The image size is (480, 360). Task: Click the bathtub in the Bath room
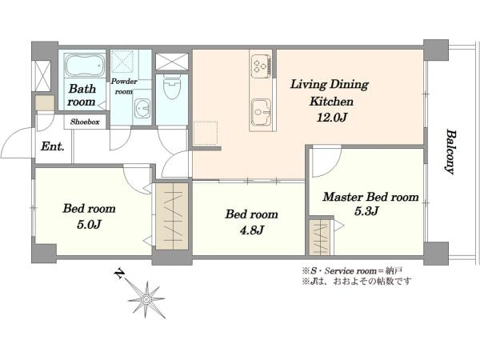tap(85, 65)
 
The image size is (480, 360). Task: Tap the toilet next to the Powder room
tap(173, 86)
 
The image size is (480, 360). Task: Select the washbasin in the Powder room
tap(142, 108)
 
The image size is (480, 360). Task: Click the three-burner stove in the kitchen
tap(261, 66)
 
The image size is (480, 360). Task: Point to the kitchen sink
tap(261, 113)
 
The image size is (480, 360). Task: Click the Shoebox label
tap(85, 122)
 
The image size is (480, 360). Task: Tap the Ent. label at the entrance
tap(53, 146)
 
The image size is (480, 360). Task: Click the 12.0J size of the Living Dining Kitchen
tap(331, 118)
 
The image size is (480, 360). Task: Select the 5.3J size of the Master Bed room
tap(366, 211)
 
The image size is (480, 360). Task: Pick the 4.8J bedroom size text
tap(252, 230)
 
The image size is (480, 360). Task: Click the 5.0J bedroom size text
tap(89, 224)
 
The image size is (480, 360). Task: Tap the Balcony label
tap(450, 152)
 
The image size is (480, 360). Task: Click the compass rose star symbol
tap(146, 299)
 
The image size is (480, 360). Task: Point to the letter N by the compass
tap(119, 274)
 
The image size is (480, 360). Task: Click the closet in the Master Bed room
tap(318, 237)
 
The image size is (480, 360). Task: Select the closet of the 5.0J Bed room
tap(172, 216)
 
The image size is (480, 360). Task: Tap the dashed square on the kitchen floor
tap(206, 133)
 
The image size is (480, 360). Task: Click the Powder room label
tap(124, 86)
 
